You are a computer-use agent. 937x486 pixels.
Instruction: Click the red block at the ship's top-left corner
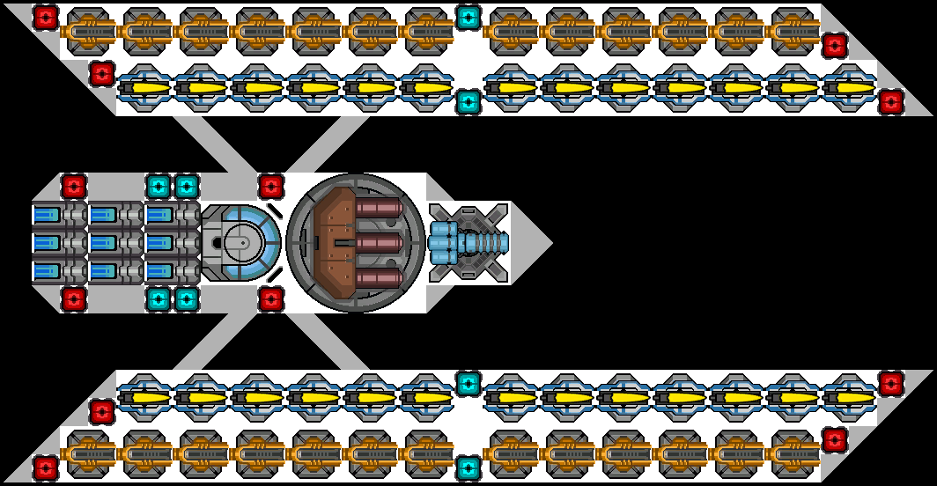coord(46,18)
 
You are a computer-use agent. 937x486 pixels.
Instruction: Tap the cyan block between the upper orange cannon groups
coord(468,18)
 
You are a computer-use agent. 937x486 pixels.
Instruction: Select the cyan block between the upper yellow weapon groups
coord(468,102)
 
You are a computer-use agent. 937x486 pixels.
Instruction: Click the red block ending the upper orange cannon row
coord(834,46)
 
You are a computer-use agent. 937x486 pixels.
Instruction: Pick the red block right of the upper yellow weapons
coord(890,102)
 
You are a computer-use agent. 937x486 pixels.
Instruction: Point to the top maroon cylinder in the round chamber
coord(380,209)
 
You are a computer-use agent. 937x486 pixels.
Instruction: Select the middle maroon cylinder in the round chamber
coord(380,242)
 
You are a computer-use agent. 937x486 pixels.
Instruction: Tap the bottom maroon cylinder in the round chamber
coord(380,277)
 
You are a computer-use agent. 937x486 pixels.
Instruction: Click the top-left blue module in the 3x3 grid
coord(48,215)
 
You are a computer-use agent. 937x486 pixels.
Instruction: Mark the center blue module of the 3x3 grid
coord(104,242)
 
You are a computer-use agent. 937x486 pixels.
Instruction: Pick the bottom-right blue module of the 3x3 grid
coord(160,271)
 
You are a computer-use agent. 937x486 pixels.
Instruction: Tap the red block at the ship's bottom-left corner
coord(46,468)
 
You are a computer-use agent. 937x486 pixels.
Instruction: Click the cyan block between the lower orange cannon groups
coord(468,468)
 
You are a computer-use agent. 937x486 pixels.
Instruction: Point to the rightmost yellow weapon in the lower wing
coord(849,398)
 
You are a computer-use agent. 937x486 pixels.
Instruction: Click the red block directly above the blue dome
coord(270,186)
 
